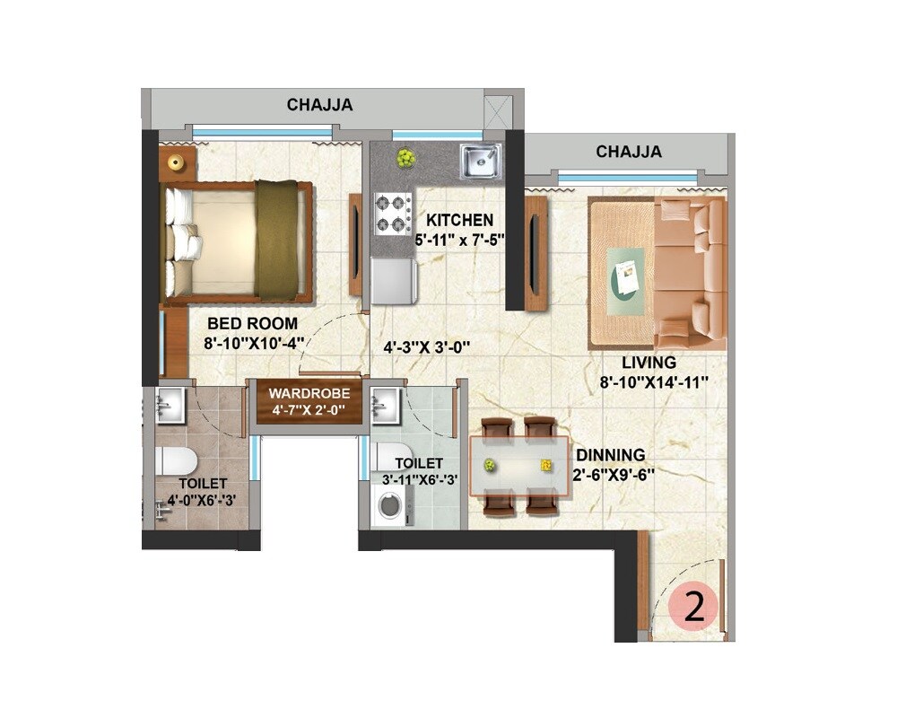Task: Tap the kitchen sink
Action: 480,161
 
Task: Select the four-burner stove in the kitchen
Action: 393,213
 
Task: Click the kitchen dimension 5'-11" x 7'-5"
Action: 459,240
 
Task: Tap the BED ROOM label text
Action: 252,323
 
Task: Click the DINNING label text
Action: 610,455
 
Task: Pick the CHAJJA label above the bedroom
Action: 319,105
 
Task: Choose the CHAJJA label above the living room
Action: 629,152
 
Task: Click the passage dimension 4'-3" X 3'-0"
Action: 427,346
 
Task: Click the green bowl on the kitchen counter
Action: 406,159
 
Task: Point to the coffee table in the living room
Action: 625,279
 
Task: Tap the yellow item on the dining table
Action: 545,465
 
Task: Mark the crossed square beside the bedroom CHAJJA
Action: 496,110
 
